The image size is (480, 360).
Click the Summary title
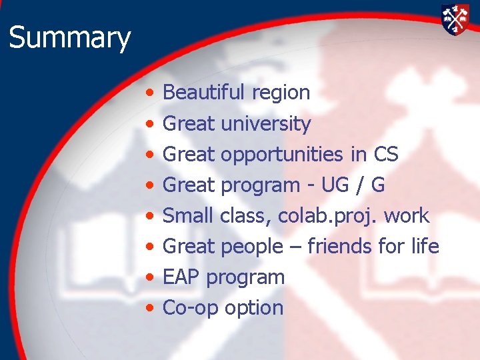coord(69,38)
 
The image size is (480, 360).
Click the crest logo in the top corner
coord(455,19)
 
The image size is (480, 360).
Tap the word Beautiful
coord(205,93)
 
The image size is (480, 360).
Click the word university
coord(265,124)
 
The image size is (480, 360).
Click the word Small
coord(188,215)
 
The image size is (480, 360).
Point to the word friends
coord(339,246)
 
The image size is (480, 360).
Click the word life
coord(424,246)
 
